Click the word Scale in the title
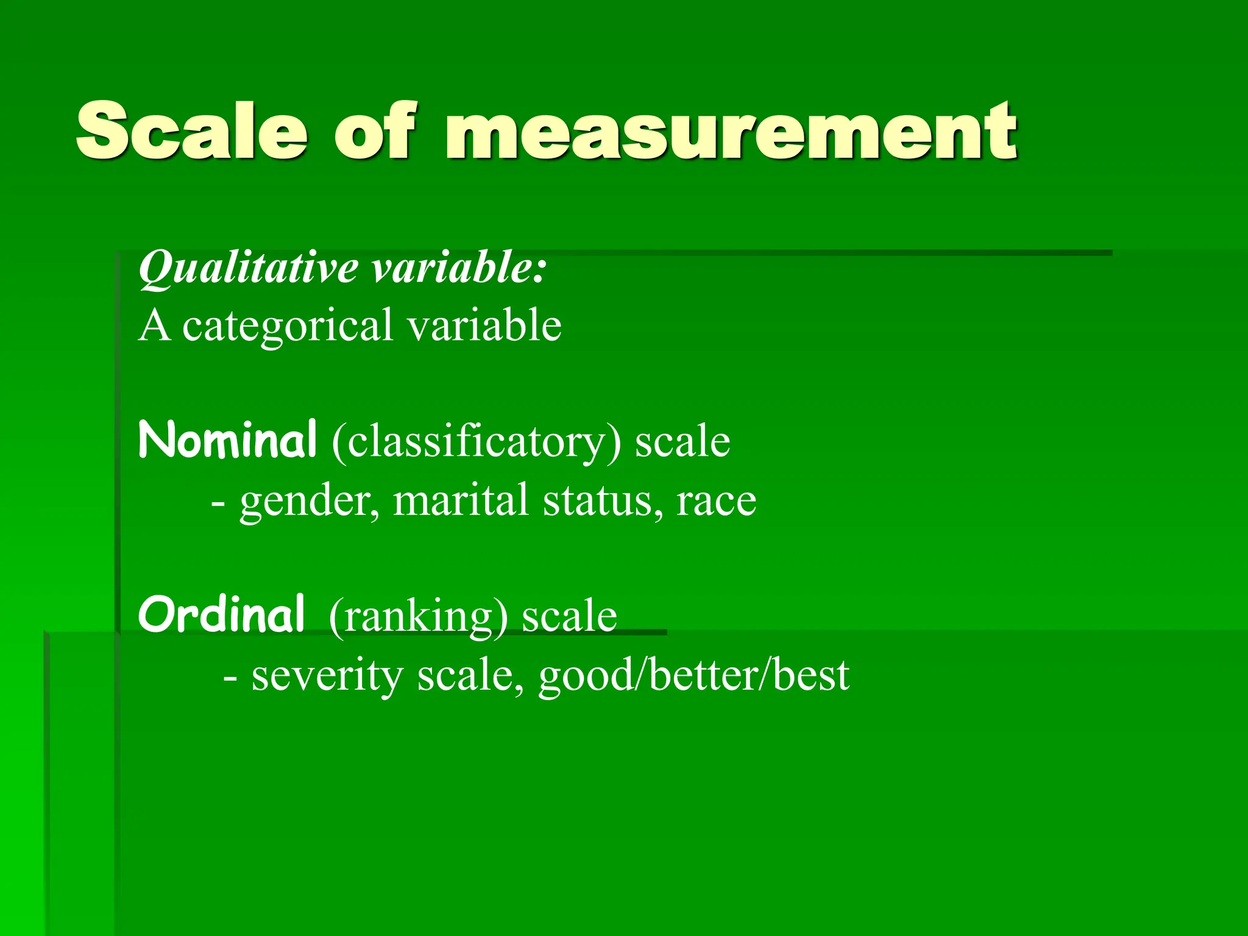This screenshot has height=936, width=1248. tap(191, 131)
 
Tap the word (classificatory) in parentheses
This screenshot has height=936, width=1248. tap(477, 442)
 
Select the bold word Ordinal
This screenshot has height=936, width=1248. tap(221, 614)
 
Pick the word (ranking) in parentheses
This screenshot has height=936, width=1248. tap(418, 617)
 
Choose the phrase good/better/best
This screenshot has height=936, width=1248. tap(693, 675)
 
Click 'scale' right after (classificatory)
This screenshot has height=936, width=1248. tap(682, 441)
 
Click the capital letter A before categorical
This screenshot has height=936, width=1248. tap(154, 325)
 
